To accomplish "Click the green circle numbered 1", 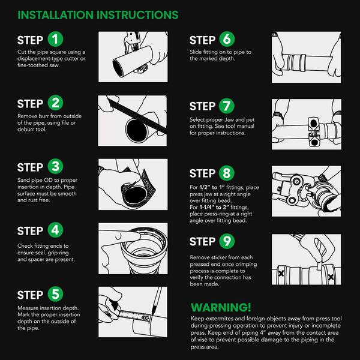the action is (55, 39).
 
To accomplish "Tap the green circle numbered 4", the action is (55, 230).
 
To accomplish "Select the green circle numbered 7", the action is (227, 106).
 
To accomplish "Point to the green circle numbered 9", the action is (227, 241).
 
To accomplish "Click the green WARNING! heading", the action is (221, 307).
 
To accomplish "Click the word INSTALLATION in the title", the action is (56, 15).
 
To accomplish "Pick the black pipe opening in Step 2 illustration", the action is (137, 130).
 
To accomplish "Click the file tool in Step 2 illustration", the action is (137, 116).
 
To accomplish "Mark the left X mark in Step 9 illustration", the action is (281, 273).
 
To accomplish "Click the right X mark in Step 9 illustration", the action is (331, 277).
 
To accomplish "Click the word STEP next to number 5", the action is (30, 295).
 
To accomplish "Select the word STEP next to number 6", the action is (202, 40).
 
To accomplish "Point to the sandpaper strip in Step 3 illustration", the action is (139, 188).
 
